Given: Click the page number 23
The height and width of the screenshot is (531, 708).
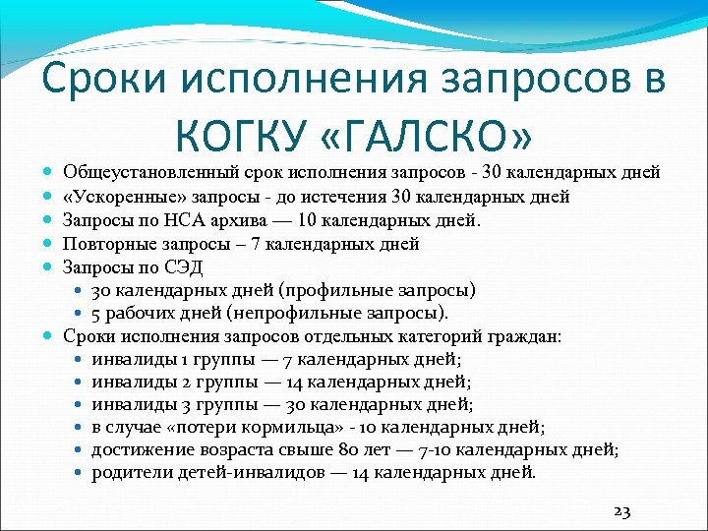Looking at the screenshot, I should [621, 511].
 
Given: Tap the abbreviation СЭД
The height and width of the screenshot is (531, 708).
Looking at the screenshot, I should [166, 265].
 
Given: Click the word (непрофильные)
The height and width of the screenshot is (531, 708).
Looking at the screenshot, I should [306, 313].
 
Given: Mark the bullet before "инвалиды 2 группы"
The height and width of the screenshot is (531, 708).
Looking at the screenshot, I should [78, 382].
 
